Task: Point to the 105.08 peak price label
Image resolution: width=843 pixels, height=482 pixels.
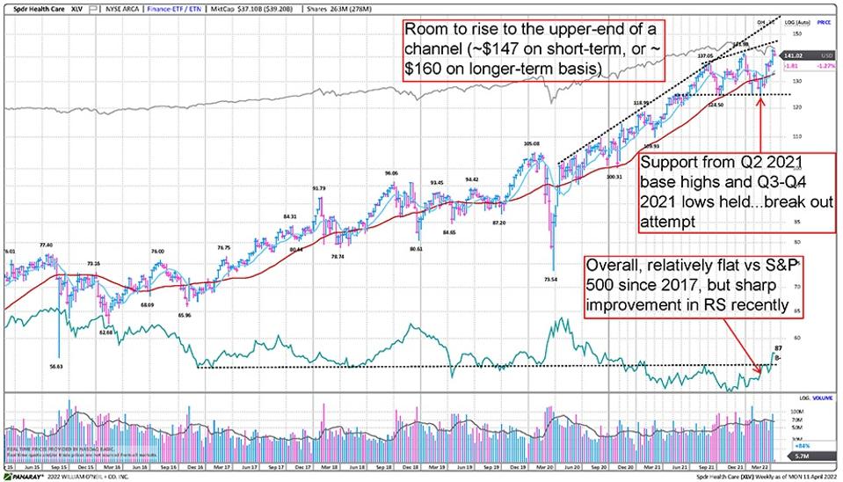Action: click(530, 144)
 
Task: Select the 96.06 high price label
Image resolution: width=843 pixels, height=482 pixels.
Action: click(392, 173)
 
